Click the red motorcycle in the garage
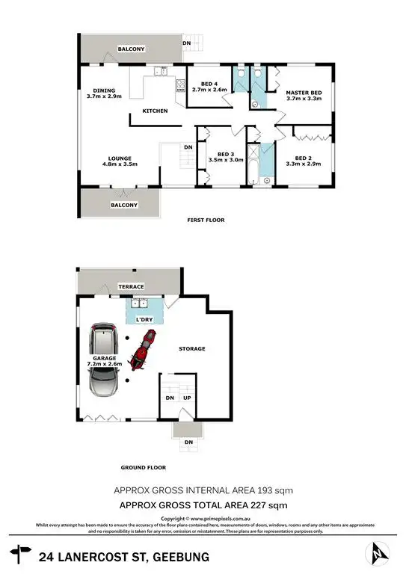pyautogui.click(x=140, y=351)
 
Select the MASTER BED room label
pyautogui.click(x=304, y=92)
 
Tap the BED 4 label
pyautogui.click(x=199, y=84)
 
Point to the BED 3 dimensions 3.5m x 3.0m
pyautogui.click(x=221, y=159)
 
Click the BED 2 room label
pyautogui.click(x=303, y=158)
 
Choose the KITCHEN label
pyautogui.click(x=155, y=111)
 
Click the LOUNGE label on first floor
pyautogui.click(x=120, y=158)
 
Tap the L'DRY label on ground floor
pyautogui.click(x=144, y=320)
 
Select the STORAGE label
pyautogui.click(x=191, y=349)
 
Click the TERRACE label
pyautogui.click(x=132, y=286)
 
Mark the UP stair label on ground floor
pyautogui.click(x=185, y=398)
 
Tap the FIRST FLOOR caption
pyautogui.click(x=205, y=220)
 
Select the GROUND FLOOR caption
pyautogui.click(x=143, y=468)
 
